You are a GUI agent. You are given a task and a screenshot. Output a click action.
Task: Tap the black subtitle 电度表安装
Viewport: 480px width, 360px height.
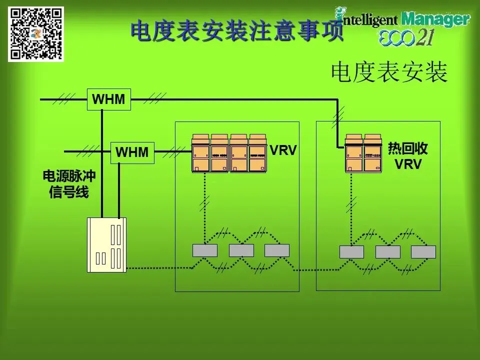tap(388, 73)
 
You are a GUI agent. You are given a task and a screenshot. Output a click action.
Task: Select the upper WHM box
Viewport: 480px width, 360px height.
tap(108, 99)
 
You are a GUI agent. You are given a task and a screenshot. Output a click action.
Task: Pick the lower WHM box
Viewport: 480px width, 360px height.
tap(132, 152)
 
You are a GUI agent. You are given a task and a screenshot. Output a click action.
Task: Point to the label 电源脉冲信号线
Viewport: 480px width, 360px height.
tap(69, 184)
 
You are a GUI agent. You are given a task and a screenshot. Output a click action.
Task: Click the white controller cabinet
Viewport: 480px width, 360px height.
tap(107, 245)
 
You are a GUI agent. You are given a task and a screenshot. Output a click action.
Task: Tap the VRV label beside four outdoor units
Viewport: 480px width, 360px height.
tap(283, 150)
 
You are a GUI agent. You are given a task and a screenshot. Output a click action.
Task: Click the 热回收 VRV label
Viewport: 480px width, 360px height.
tap(408, 156)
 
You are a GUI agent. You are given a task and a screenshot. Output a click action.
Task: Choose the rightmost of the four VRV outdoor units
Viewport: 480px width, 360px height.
tap(258, 153)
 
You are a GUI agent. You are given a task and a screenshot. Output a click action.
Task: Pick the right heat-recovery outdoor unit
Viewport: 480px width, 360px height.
tap(372, 153)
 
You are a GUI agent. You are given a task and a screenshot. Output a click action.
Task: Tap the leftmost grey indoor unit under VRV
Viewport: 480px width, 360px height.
tap(205, 250)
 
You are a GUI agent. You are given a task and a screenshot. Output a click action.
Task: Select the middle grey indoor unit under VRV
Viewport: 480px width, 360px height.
tap(241, 250)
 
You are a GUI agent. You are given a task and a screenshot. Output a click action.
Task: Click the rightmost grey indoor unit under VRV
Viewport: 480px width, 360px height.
tap(277, 250)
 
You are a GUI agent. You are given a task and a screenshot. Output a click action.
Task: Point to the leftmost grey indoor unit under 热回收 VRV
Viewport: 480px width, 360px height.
tap(351, 252)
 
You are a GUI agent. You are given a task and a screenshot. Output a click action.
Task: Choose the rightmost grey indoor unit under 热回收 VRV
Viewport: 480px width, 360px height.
tap(423, 252)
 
